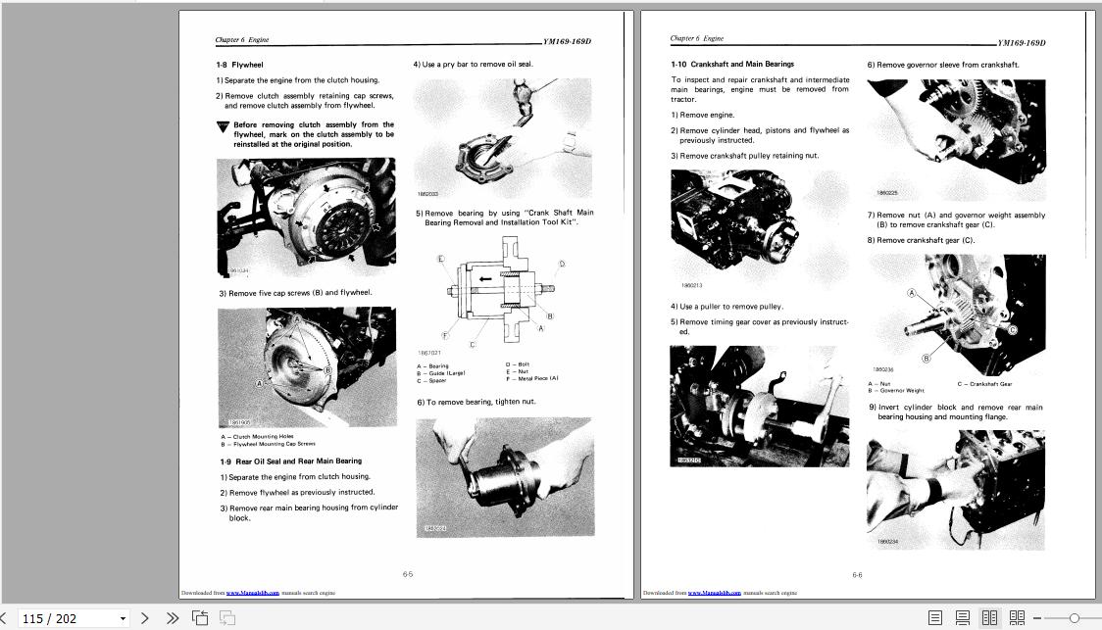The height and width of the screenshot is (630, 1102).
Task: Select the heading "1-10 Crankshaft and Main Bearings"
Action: (x=732, y=65)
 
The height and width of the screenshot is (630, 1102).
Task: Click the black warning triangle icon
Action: (x=224, y=126)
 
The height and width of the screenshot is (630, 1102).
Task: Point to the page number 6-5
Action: (x=408, y=575)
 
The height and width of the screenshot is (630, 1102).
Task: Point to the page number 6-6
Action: (x=857, y=575)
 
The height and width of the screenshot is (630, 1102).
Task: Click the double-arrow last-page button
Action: (x=173, y=618)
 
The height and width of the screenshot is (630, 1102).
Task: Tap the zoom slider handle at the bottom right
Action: (x=1074, y=618)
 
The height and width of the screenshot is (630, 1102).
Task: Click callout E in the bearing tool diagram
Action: (x=441, y=259)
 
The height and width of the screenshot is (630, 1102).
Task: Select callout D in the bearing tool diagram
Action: (x=562, y=264)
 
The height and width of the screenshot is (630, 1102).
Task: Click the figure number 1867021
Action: (x=429, y=353)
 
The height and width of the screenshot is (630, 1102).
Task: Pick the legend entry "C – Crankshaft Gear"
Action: (x=984, y=384)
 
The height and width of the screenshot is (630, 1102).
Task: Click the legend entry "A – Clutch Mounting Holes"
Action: (x=257, y=436)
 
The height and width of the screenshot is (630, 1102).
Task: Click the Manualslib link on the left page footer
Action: (x=252, y=593)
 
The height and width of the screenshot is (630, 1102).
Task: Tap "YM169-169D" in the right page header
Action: (x=1021, y=43)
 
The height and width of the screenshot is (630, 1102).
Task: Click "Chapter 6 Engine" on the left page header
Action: (x=241, y=40)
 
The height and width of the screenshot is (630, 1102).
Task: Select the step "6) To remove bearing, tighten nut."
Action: (x=476, y=402)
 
